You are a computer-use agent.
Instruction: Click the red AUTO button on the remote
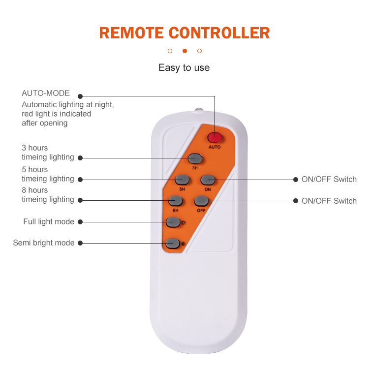click(215, 138)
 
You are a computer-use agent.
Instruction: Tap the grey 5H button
click(182, 180)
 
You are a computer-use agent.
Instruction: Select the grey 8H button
click(175, 200)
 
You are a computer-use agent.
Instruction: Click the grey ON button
click(207, 180)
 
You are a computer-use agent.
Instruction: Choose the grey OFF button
click(201, 201)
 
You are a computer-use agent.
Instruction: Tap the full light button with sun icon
click(172, 222)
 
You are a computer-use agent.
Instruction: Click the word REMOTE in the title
click(131, 33)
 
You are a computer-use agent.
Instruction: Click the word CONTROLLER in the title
click(219, 33)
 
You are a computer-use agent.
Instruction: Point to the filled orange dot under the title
click(184, 51)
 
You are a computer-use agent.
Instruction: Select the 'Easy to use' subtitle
click(184, 68)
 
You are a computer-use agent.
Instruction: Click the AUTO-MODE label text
click(46, 93)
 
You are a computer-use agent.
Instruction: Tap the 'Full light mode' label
click(49, 221)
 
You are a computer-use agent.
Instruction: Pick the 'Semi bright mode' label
click(44, 243)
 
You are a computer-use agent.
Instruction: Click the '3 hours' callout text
click(35, 148)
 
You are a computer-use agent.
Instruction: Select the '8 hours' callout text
click(35, 190)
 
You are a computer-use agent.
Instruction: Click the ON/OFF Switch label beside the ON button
click(329, 179)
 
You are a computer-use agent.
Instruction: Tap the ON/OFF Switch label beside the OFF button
click(329, 201)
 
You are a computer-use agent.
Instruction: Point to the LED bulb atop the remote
click(199, 109)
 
